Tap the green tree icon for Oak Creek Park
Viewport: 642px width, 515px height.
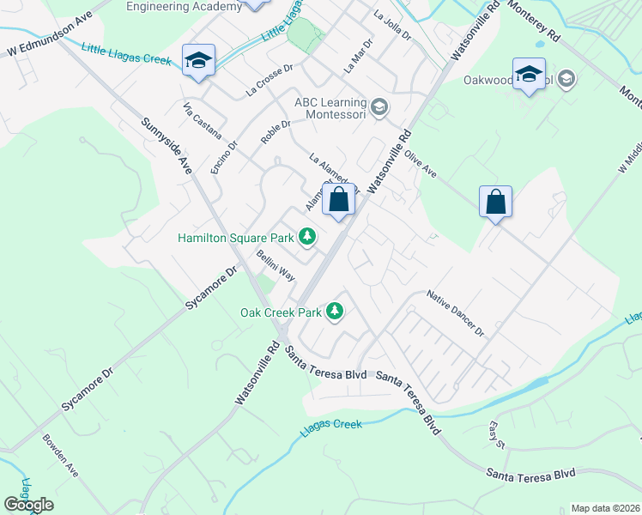tap(336, 312)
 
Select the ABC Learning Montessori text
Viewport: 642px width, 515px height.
tap(330, 107)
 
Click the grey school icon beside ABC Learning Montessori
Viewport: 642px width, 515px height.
tap(380, 108)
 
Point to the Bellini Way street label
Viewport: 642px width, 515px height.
tap(276, 266)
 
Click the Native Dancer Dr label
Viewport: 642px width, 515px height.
tap(456, 313)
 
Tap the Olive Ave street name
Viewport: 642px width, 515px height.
tap(421, 163)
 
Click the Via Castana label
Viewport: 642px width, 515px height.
tap(203, 121)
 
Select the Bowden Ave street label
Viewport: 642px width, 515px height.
tap(60, 456)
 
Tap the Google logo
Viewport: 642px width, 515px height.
tap(27, 504)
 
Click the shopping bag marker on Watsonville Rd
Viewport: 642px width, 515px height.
tap(339, 201)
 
